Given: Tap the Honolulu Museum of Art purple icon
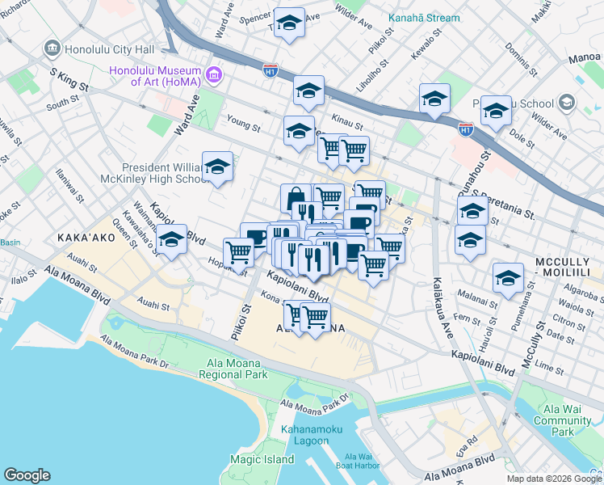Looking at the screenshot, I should pos(215,76).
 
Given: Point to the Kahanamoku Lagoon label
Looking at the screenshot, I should pos(304,435).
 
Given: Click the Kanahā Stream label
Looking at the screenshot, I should pos(424,18).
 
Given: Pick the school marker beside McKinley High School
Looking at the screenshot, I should pos(217,167).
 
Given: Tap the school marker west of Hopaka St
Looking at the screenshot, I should pos(171,240).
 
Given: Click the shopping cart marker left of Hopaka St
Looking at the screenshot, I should pos(239,252).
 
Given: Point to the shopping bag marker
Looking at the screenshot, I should pos(296,198).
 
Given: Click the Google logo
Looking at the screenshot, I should pos(27,475).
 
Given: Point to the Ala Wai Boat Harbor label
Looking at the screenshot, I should pos(355,462).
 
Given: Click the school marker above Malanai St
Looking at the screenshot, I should pos(508,278).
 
